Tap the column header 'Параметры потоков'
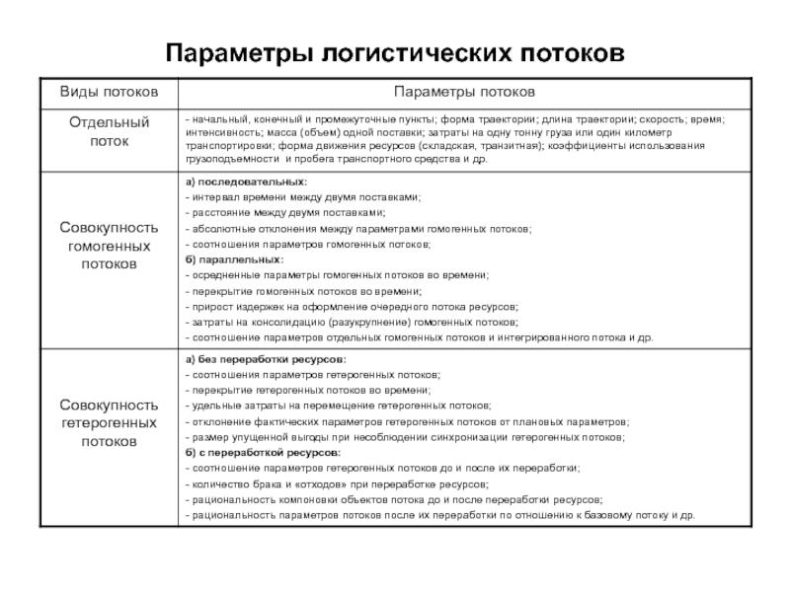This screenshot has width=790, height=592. coord(464,91)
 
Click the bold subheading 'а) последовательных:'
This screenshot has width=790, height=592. coord(246,183)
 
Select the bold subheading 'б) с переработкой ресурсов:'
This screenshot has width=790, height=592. coord(262,452)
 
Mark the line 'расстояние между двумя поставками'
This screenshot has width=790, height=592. coord(286,213)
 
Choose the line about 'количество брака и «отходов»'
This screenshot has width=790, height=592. coord(336,483)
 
